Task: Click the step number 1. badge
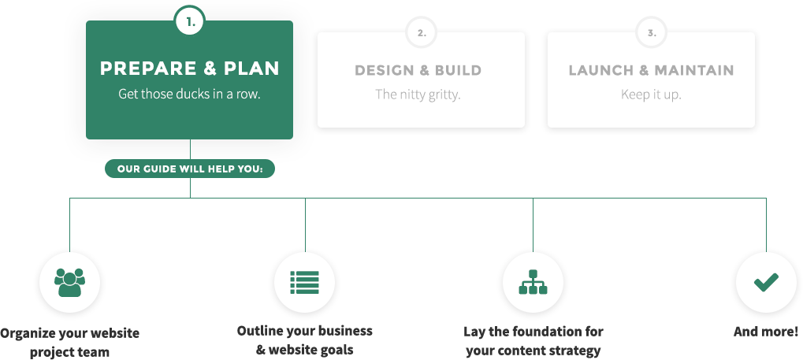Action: tap(190, 23)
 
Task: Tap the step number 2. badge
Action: tap(422, 33)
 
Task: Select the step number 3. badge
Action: tap(652, 33)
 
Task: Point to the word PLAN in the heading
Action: tap(252, 69)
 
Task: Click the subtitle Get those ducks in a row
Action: tap(189, 93)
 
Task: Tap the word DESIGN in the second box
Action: tap(385, 70)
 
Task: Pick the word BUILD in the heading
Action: tap(457, 70)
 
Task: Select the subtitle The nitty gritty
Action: tap(418, 95)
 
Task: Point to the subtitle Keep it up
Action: tap(651, 95)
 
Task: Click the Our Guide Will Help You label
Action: tap(190, 169)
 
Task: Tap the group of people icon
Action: tap(69, 282)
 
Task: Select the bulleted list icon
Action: tap(304, 282)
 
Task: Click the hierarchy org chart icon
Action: tap(533, 282)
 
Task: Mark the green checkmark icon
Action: tap(766, 282)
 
